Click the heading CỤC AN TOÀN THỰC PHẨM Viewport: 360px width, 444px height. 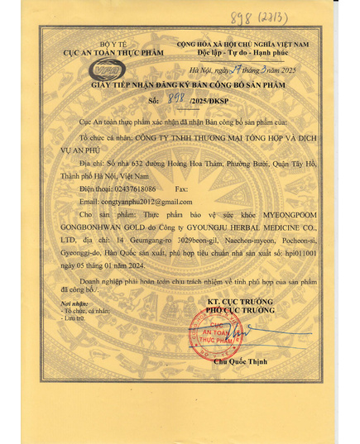tap(107, 51)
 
